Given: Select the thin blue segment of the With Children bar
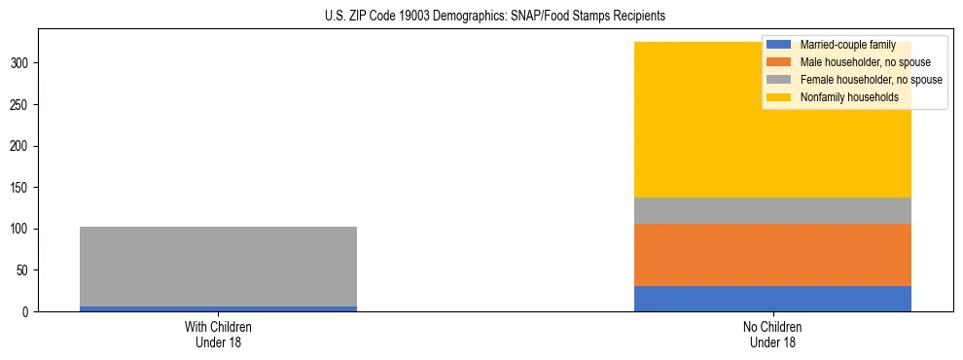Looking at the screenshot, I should pyautogui.click(x=218, y=308).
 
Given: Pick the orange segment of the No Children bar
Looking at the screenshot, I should pyautogui.click(x=772, y=255).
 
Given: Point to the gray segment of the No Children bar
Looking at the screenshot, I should pyautogui.click(x=772, y=210).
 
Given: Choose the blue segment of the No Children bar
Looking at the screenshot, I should pyautogui.click(x=772, y=299).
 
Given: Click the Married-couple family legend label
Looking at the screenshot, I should pyautogui.click(x=843, y=45).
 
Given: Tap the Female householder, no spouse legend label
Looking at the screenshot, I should pyautogui.click(x=871, y=80).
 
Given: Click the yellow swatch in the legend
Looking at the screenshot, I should pyautogui.click(x=779, y=97).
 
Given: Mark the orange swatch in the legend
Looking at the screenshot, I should pyautogui.click(x=779, y=62).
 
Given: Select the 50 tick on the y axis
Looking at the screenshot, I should pyautogui.click(x=24, y=270).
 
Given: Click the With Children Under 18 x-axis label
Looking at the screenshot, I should pyautogui.click(x=218, y=335).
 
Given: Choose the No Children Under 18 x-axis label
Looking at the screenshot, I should pyautogui.click(x=772, y=335).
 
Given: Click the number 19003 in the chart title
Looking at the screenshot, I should pyautogui.click(x=425, y=17).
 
